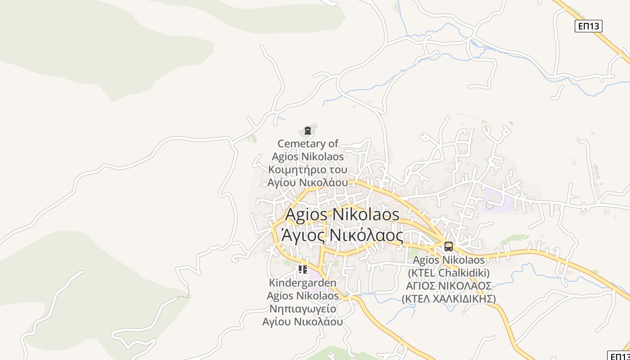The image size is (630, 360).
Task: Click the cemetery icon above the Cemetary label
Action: click(308, 131)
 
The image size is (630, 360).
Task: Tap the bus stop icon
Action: click(449, 246)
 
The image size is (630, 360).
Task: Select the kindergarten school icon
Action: click(302, 270)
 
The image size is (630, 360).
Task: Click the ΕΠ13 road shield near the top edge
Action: click(588, 26)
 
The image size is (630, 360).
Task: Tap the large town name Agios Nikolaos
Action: click(342, 214)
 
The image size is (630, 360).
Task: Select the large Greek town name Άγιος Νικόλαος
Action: click(342, 234)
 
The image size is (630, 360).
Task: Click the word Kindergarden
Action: click(302, 283)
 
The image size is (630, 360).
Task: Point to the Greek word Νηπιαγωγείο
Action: click(302, 309)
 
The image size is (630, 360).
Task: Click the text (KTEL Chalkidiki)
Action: click(449, 273)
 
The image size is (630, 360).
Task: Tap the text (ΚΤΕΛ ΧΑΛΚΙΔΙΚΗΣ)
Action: click(449, 299)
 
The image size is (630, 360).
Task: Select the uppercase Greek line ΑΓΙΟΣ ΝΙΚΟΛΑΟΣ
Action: click(449, 286)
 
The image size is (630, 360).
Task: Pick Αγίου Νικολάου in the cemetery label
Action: click(308, 183)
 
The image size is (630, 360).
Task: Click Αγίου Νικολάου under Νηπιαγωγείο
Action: click(302, 322)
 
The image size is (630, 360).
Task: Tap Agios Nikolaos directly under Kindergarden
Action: click(302, 296)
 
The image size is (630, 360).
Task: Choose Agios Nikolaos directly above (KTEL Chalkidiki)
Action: click(449, 260)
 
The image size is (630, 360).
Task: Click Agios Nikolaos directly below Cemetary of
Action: click(308, 157)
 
